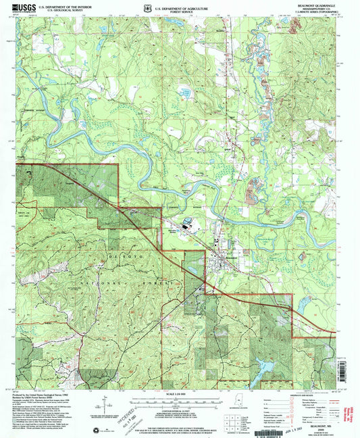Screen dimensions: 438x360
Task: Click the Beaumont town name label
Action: [231, 256]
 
